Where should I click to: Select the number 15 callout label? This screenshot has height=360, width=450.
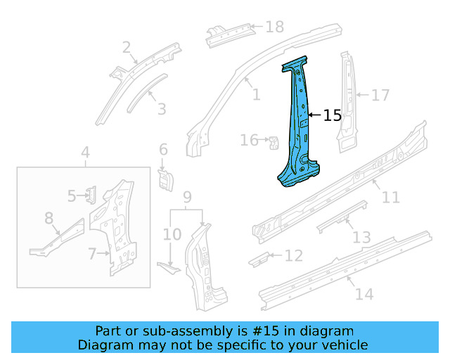[x=332, y=115]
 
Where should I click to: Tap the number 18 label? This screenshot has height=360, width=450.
[x=274, y=27]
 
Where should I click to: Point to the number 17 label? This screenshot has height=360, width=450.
[x=380, y=95]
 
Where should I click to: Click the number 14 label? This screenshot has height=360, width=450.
[x=364, y=294]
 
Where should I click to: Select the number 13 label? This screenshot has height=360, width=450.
[x=361, y=238]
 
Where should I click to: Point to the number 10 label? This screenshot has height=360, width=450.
[x=172, y=233]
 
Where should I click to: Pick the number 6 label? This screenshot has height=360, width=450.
[x=163, y=149]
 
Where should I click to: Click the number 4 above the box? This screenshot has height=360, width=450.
[x=85, y=153]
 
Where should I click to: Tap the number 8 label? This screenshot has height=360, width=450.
[x=49, y=219]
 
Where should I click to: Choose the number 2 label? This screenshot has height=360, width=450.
[x=127, y=48]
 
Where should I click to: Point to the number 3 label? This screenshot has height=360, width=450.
[x=162, y=109]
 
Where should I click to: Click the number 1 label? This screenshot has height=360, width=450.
[x=256, y=95]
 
